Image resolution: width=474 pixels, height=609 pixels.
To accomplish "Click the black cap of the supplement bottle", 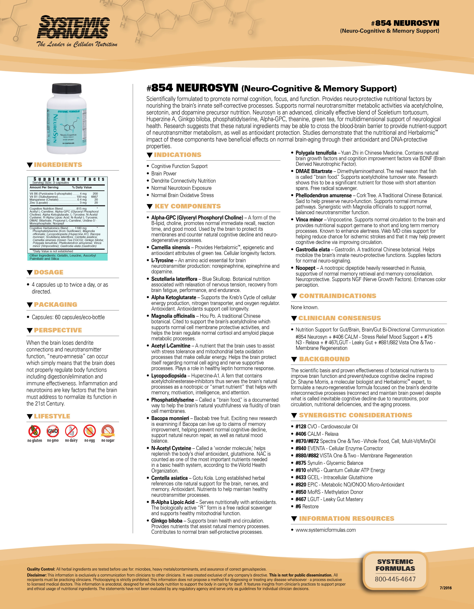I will [67, 88].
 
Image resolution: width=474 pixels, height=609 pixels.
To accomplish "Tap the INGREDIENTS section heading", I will [58, 165].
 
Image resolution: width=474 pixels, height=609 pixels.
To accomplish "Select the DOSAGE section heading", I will [49, 272].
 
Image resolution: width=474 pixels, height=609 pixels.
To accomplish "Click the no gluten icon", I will [35, 431].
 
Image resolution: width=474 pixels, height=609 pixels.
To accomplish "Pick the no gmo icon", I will [53, 431].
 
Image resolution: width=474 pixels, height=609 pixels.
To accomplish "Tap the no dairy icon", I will [71, 431].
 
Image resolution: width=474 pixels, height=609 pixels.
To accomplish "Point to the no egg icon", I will [90, 431].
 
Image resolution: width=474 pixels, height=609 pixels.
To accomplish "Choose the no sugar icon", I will [108, 431].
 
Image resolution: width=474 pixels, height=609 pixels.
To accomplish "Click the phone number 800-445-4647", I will [395, 579].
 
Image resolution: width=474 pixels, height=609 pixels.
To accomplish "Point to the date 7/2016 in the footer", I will [445, 588].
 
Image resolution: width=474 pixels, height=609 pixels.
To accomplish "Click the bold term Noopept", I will [306, 268].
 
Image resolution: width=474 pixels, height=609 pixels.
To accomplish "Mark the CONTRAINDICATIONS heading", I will [337, 296].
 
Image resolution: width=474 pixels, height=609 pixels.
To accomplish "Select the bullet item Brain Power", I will [164, 173].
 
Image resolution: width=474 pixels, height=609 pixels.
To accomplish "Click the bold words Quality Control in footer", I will [41, 569].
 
